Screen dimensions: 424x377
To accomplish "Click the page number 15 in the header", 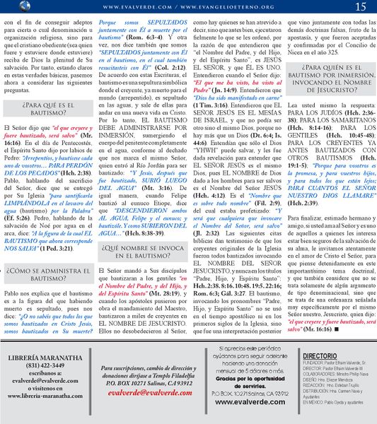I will (x=361, y=7).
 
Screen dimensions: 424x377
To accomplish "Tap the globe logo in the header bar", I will (x=7, y=6).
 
